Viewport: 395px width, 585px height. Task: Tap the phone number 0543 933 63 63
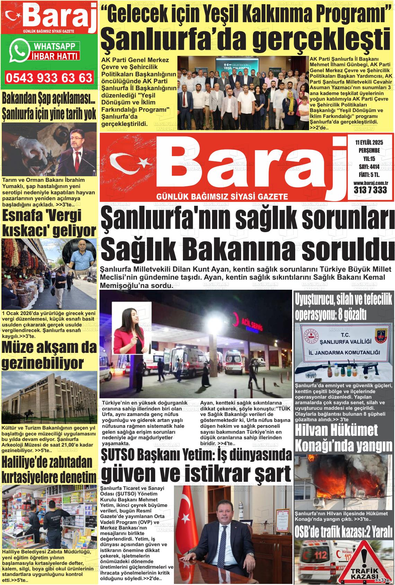point(49,78)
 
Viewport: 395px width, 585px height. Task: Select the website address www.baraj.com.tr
point(370,183)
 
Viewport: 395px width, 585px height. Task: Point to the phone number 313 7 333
point(370,190)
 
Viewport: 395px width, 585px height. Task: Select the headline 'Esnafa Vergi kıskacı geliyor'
point(49,223)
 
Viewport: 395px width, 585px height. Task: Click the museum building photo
point(49,397)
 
